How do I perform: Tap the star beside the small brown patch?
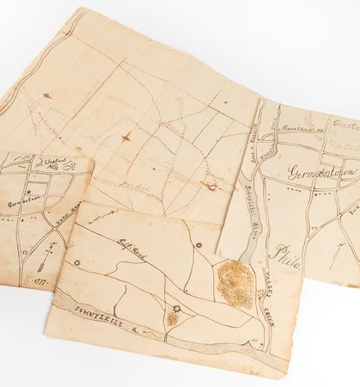point(177,310)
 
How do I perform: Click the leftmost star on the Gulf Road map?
point(76,263)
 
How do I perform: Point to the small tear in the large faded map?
point(208,185)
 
